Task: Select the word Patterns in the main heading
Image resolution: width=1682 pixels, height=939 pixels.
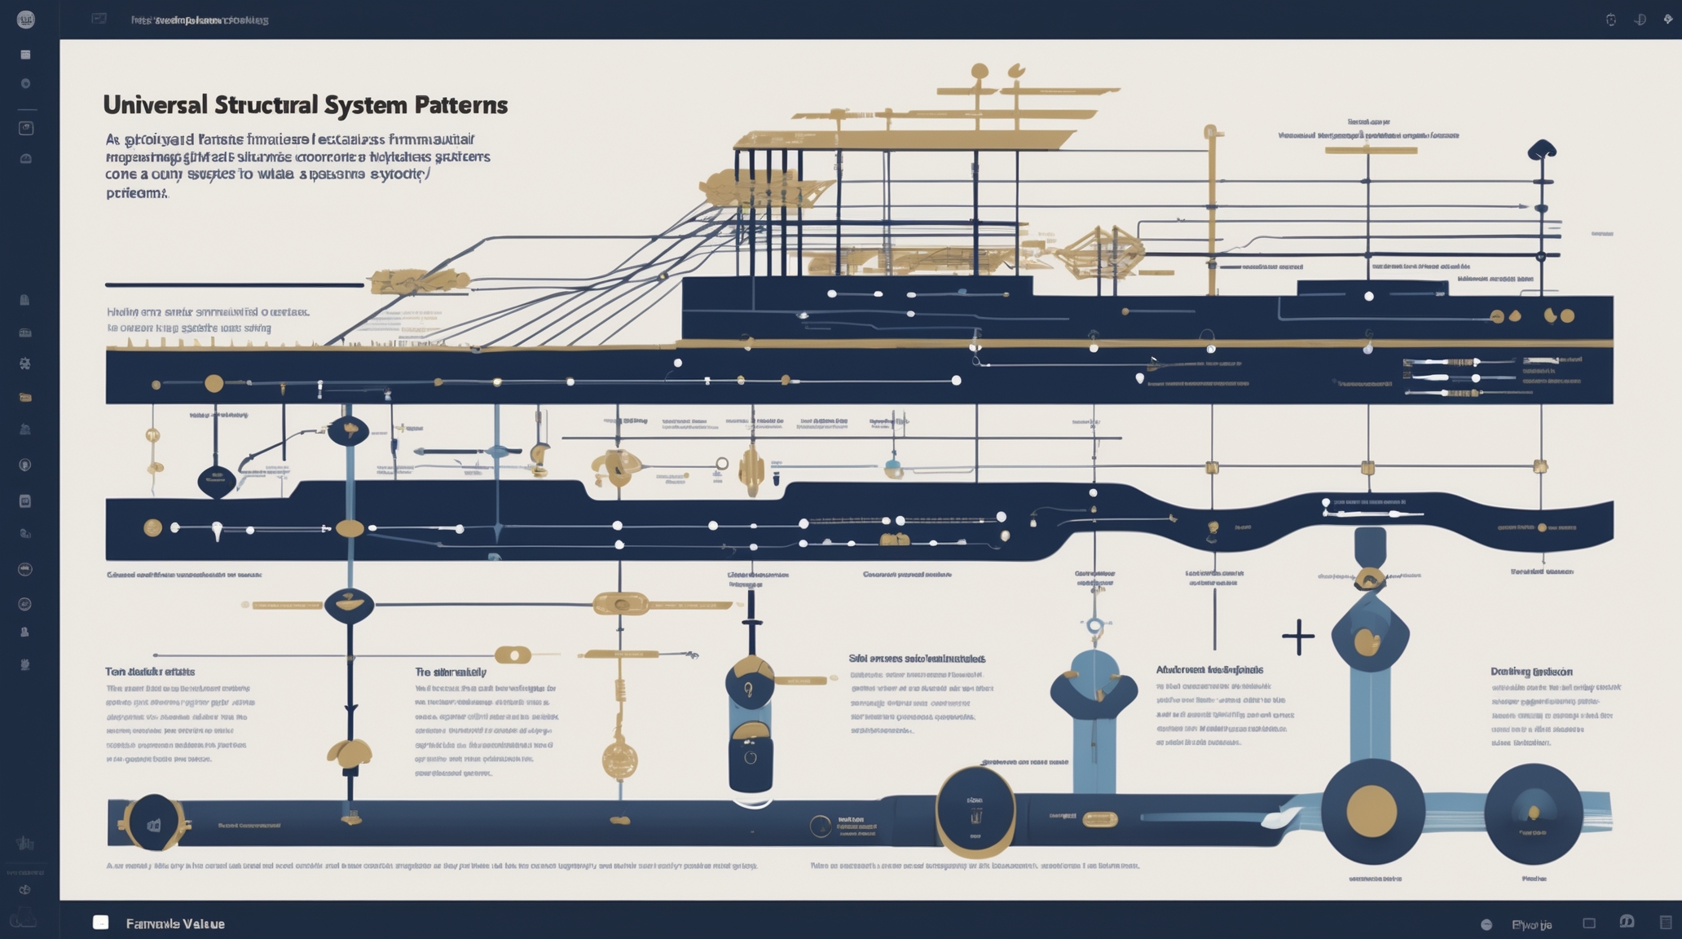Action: coord(460,105)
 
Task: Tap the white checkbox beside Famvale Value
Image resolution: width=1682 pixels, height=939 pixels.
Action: coord(101,922)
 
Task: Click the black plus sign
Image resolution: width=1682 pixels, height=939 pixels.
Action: coord(1297,637)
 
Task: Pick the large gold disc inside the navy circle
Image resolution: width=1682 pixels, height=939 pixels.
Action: coord(1372,811)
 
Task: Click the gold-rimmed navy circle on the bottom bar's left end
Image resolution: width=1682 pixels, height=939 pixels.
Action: coord(153,823)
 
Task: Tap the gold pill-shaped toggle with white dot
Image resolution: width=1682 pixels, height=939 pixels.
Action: coord(513,655)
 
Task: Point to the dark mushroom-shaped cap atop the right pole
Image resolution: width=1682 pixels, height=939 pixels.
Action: coord(1541,149)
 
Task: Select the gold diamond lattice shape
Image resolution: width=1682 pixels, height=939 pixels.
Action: coord(1099,252)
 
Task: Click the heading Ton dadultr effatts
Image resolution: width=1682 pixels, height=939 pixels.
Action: coord(150,672)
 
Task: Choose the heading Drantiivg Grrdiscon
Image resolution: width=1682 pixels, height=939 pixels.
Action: coord(1531,672)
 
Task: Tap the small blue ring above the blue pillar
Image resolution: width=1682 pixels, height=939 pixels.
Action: coord(1095,626)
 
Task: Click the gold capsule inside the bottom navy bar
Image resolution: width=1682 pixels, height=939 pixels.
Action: coord(1099,819)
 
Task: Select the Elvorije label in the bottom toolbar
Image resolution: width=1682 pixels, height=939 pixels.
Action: coord(1531,924)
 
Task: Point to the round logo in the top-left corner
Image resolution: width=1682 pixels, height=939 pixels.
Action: coord(26,20)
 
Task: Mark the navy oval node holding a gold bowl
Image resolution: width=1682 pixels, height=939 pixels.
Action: coord(350,605)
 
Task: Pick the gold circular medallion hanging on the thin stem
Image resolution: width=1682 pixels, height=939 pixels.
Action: coord(619,760)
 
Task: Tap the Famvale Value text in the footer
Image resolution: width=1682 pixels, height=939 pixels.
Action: coord(175,924)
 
